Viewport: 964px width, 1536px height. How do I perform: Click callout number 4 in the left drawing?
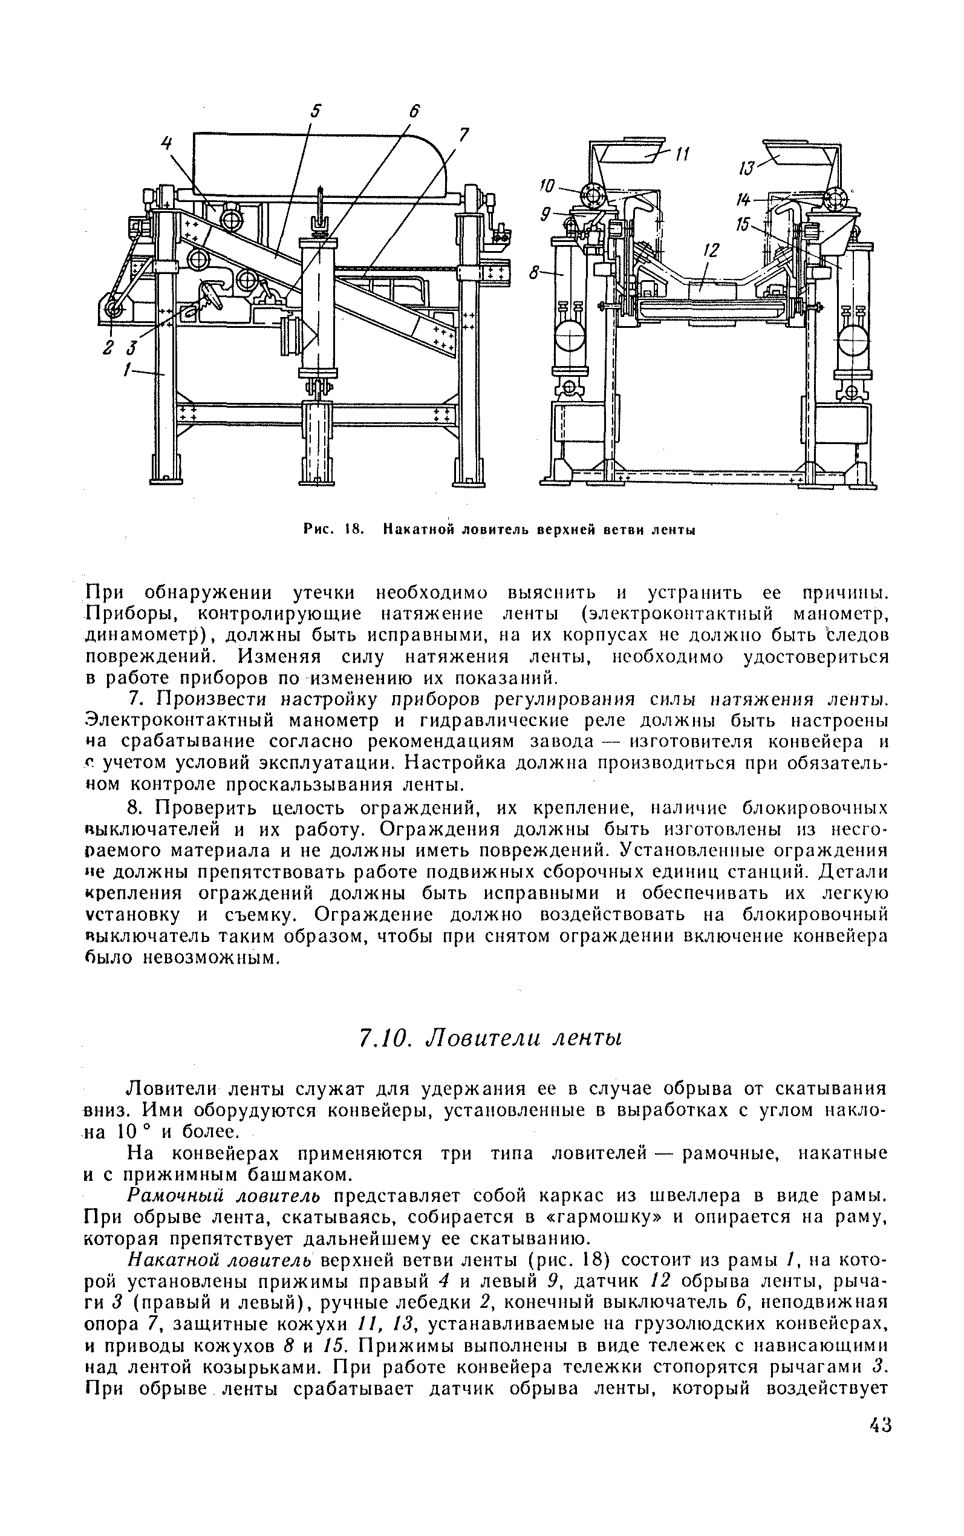pos(166,144)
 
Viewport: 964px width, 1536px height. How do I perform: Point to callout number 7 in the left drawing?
pos(464,134)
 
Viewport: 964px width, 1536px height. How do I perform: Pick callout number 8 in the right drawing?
pos(534,273)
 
